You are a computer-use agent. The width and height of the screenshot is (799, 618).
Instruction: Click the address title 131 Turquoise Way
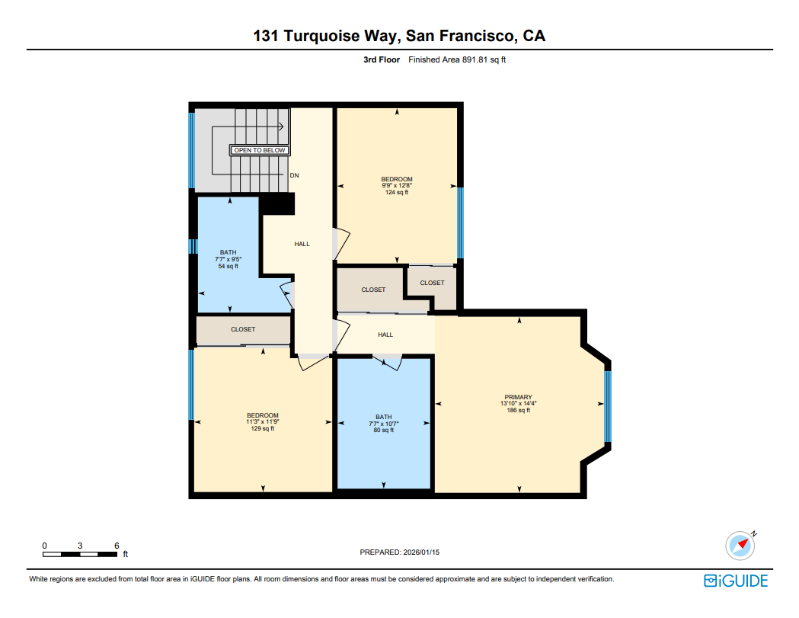click(399, 36)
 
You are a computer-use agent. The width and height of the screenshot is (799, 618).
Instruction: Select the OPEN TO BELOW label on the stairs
click(259, 150)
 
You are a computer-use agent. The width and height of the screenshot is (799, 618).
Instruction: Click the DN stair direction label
click(294, 175)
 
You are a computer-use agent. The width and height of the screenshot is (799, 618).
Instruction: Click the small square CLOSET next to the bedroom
click(432, 283)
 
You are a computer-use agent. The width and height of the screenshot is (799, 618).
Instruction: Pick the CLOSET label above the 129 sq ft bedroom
click(243, 329)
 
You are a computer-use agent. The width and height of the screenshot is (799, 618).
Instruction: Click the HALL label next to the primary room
click(385, 335)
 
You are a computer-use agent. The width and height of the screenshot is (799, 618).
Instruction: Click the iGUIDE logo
click(735, 581)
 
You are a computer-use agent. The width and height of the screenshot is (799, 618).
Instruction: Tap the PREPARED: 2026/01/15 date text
click(399, 552)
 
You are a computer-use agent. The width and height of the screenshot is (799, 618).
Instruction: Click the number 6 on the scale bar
click(116, 546)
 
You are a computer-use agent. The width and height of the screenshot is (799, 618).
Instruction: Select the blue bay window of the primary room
click(608, 406)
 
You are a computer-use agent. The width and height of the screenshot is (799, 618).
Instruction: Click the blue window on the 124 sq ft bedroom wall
click(459, 223)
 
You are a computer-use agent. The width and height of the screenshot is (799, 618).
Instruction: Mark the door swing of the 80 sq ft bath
click(388, 363)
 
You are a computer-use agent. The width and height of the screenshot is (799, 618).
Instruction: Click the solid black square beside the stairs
click(278, 203)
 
